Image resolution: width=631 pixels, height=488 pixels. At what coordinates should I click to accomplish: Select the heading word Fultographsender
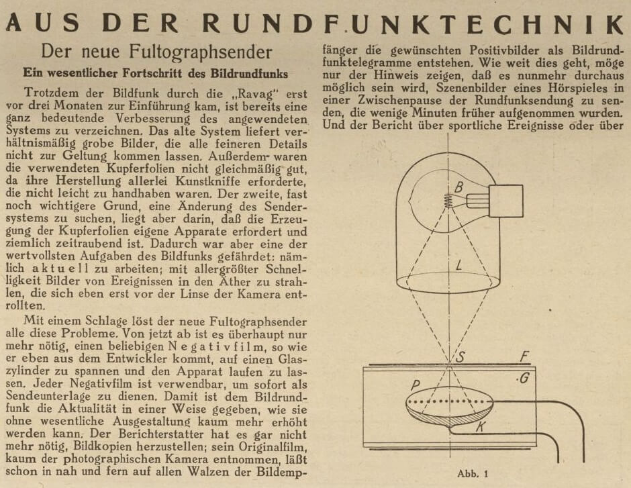pyautogui.click(x=207, y=51)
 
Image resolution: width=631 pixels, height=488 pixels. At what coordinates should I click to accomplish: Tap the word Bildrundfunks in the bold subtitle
pyautogui.click(x=248, y=72)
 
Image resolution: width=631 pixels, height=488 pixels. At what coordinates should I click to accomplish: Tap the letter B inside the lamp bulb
pyautogui.click(x=458, y=187)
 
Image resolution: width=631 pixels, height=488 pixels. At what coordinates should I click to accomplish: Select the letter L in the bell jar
pyautogui.click(x=458, y=266)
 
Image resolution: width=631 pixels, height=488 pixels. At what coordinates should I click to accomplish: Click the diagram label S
pyautogui.click(x=461, y=357)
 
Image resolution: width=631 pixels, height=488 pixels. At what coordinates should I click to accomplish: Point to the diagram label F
pyautogui.click(x=526, y=357)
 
